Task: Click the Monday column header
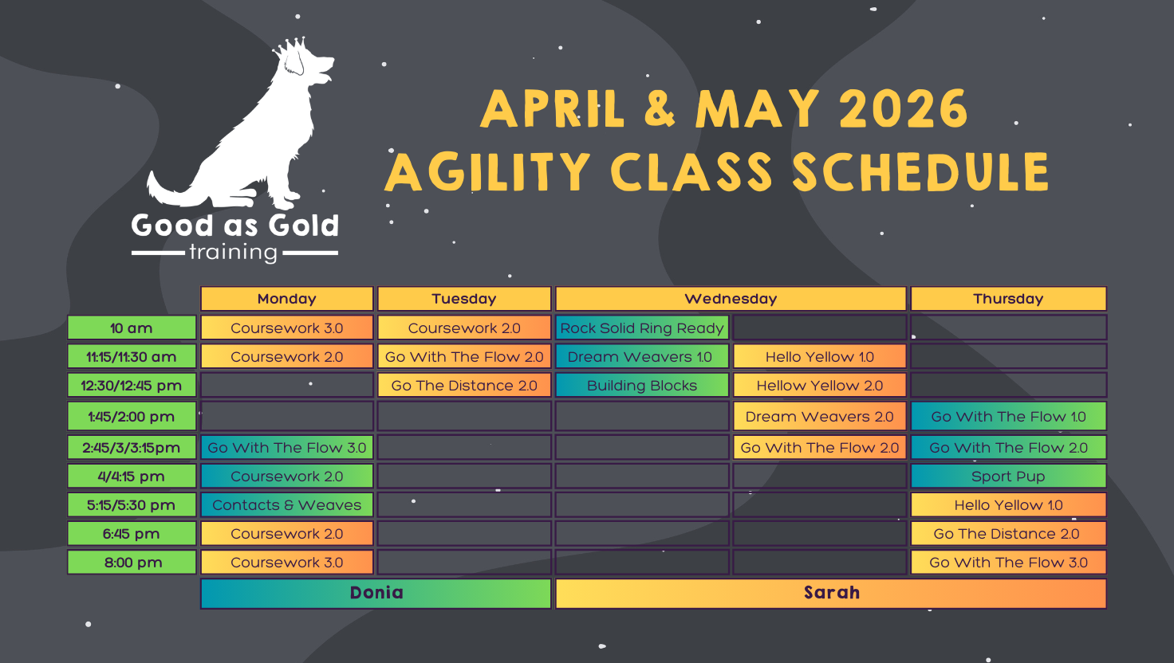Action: [x=286, y=299]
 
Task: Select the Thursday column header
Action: [x=1008, y=299]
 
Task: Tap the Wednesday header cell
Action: [x=731, y=299]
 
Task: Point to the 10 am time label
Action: [x=132, y=328]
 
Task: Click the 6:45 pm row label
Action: [x=132, y=534]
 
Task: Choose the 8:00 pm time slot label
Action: [x=132, y=563]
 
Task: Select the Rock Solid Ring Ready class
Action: [x=642, y=328]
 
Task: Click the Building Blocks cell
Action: [x=642, y=386]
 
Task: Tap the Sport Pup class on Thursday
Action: [x=1008, y=476]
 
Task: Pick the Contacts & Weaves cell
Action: [x=286, y=505]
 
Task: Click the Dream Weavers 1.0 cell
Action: [x=642, y=357]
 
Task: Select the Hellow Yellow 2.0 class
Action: [x=820, y=386]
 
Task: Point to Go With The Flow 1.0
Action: [x=1008, y=416]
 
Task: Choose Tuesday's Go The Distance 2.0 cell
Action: [x=464, y=386]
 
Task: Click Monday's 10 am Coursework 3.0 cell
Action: [x=286, y=328]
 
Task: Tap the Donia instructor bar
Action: [x=376, y=594]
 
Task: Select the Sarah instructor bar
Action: [x=831, y=594]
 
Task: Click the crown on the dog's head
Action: [x=290, y=47]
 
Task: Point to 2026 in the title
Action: [x=904, y=108]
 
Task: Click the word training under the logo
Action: [x=233, y=253]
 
